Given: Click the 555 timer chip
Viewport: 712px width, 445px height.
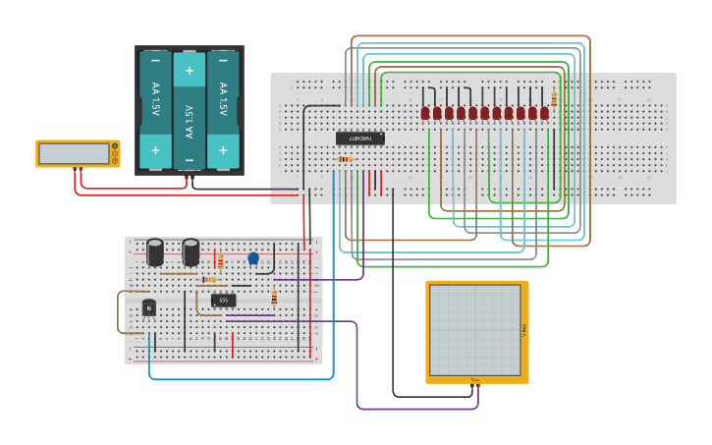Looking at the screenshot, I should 223,301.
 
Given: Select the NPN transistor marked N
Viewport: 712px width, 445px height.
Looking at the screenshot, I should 149,307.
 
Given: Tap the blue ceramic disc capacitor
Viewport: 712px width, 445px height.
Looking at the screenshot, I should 253,258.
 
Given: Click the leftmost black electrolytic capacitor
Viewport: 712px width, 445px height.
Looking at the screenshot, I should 155,251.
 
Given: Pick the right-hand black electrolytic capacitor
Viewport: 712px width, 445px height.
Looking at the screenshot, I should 191,251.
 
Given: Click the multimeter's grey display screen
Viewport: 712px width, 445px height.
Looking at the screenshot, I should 74,153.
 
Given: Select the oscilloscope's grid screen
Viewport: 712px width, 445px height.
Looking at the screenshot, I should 475,330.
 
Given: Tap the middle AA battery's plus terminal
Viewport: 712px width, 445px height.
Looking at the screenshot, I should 190,71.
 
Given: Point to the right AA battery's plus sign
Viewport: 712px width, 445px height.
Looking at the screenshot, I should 223,150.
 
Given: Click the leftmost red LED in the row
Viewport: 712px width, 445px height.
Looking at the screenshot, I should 425,113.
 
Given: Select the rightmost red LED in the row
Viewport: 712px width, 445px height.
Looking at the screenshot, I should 544,113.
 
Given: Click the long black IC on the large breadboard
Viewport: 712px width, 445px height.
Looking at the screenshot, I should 360,139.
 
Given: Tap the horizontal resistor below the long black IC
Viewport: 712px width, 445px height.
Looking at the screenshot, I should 345,159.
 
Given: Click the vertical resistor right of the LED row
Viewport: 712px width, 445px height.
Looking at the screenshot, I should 554,99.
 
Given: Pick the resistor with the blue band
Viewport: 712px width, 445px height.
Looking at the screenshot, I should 208,280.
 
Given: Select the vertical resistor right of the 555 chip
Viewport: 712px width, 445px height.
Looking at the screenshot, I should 274,298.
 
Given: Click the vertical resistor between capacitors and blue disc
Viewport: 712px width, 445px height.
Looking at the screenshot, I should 220,261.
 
